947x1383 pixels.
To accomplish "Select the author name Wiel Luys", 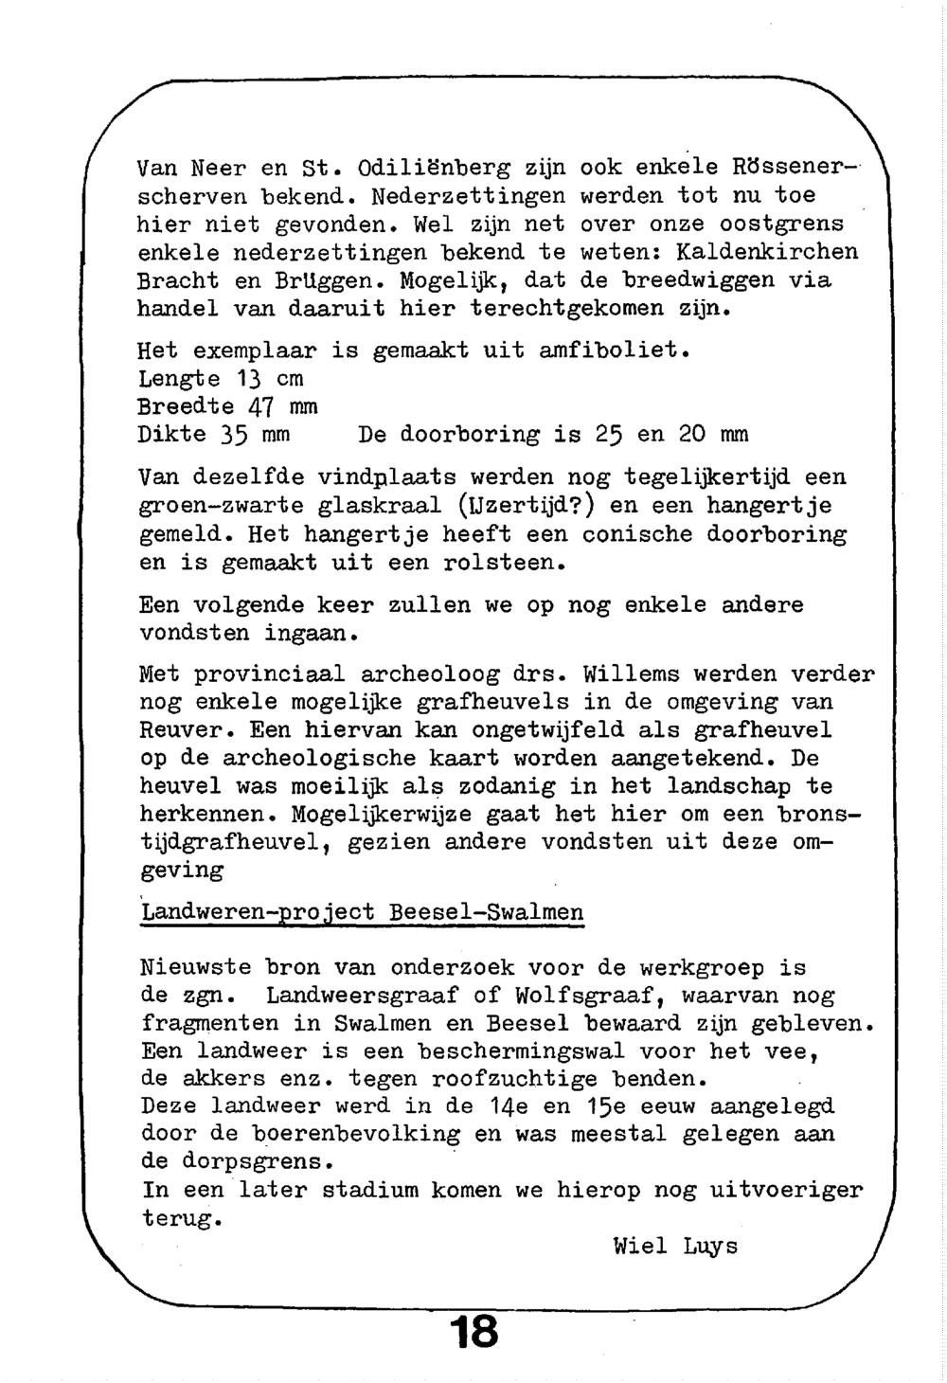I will click(674, 1246).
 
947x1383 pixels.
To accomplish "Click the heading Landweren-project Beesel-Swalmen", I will click(361, 912).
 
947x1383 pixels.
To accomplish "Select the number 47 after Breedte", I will click(260, 407).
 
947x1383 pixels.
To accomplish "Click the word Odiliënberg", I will click(435, 169).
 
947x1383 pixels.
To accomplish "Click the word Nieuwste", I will click(195, 968).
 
